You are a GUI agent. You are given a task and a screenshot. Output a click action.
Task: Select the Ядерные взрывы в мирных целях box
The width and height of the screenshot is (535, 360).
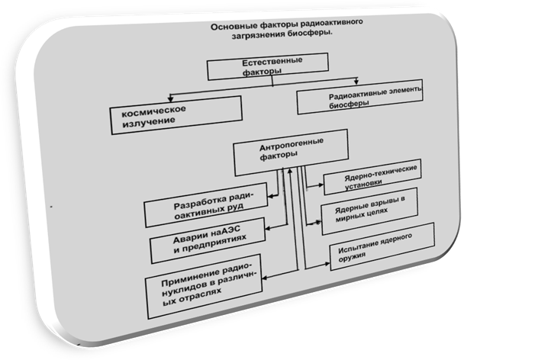coord(371,211)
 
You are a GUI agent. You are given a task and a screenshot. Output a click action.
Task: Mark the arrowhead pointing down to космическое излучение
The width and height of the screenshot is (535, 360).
coord(171,101)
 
